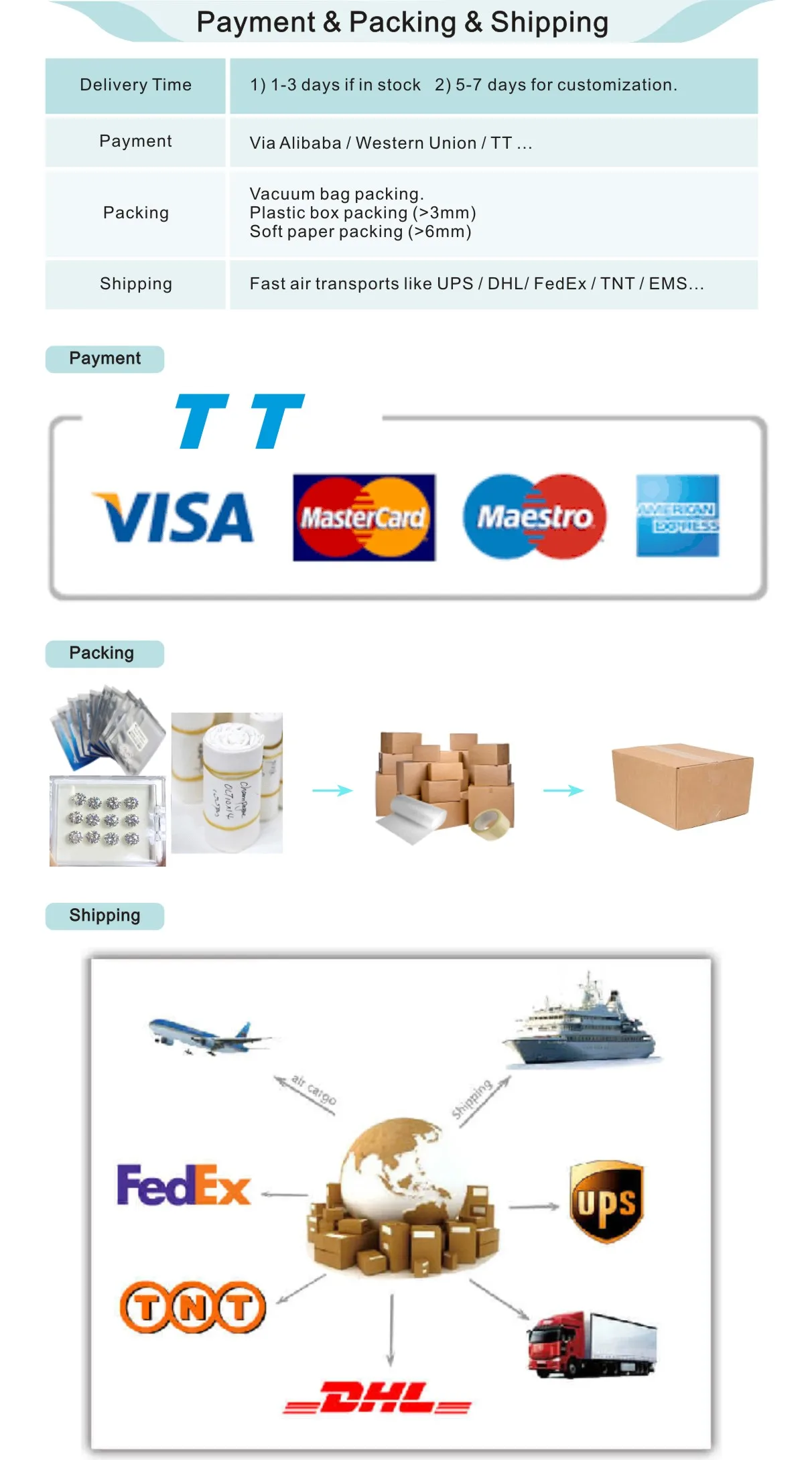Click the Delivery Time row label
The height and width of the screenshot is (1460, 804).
pyautogui.click(x=135, y=85)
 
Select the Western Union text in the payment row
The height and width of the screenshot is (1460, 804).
pyautogui.click(x=415, y=143)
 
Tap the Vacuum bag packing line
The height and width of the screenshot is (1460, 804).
pyautogui.click(x=336, y=194)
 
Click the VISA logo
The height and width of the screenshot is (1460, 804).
pyautogui.click(x=174, y=516)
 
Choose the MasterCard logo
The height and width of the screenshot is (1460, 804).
pyautogui.click(x=364, y=517)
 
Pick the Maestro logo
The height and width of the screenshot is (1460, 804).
pyautogui.click(x=535, y=516)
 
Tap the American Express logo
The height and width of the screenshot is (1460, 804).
pyautogui.click(x=677, y=516)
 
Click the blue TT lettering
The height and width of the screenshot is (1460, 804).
pyautogui.click(x=239, y=421)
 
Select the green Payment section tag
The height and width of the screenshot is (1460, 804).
pyautogui.click(x=105, y=359)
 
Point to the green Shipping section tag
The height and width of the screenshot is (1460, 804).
pyautogui.click(x=105, y=916)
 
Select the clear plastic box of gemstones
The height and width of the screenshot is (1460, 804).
pyautogui.click(x=107, y=820)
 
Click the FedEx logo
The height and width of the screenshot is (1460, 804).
pyautogui.click(x=184, y=1185)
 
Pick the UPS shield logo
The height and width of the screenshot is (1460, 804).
pyautogui.click(x=606, y=1201)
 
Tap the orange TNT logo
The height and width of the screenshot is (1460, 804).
pyautogui.click(x=193, y=1307)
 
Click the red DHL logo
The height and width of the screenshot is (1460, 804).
pyautogui.click(x=377, y=1397)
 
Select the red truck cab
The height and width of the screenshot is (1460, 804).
pyautogui.click(x=553, y=1345)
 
